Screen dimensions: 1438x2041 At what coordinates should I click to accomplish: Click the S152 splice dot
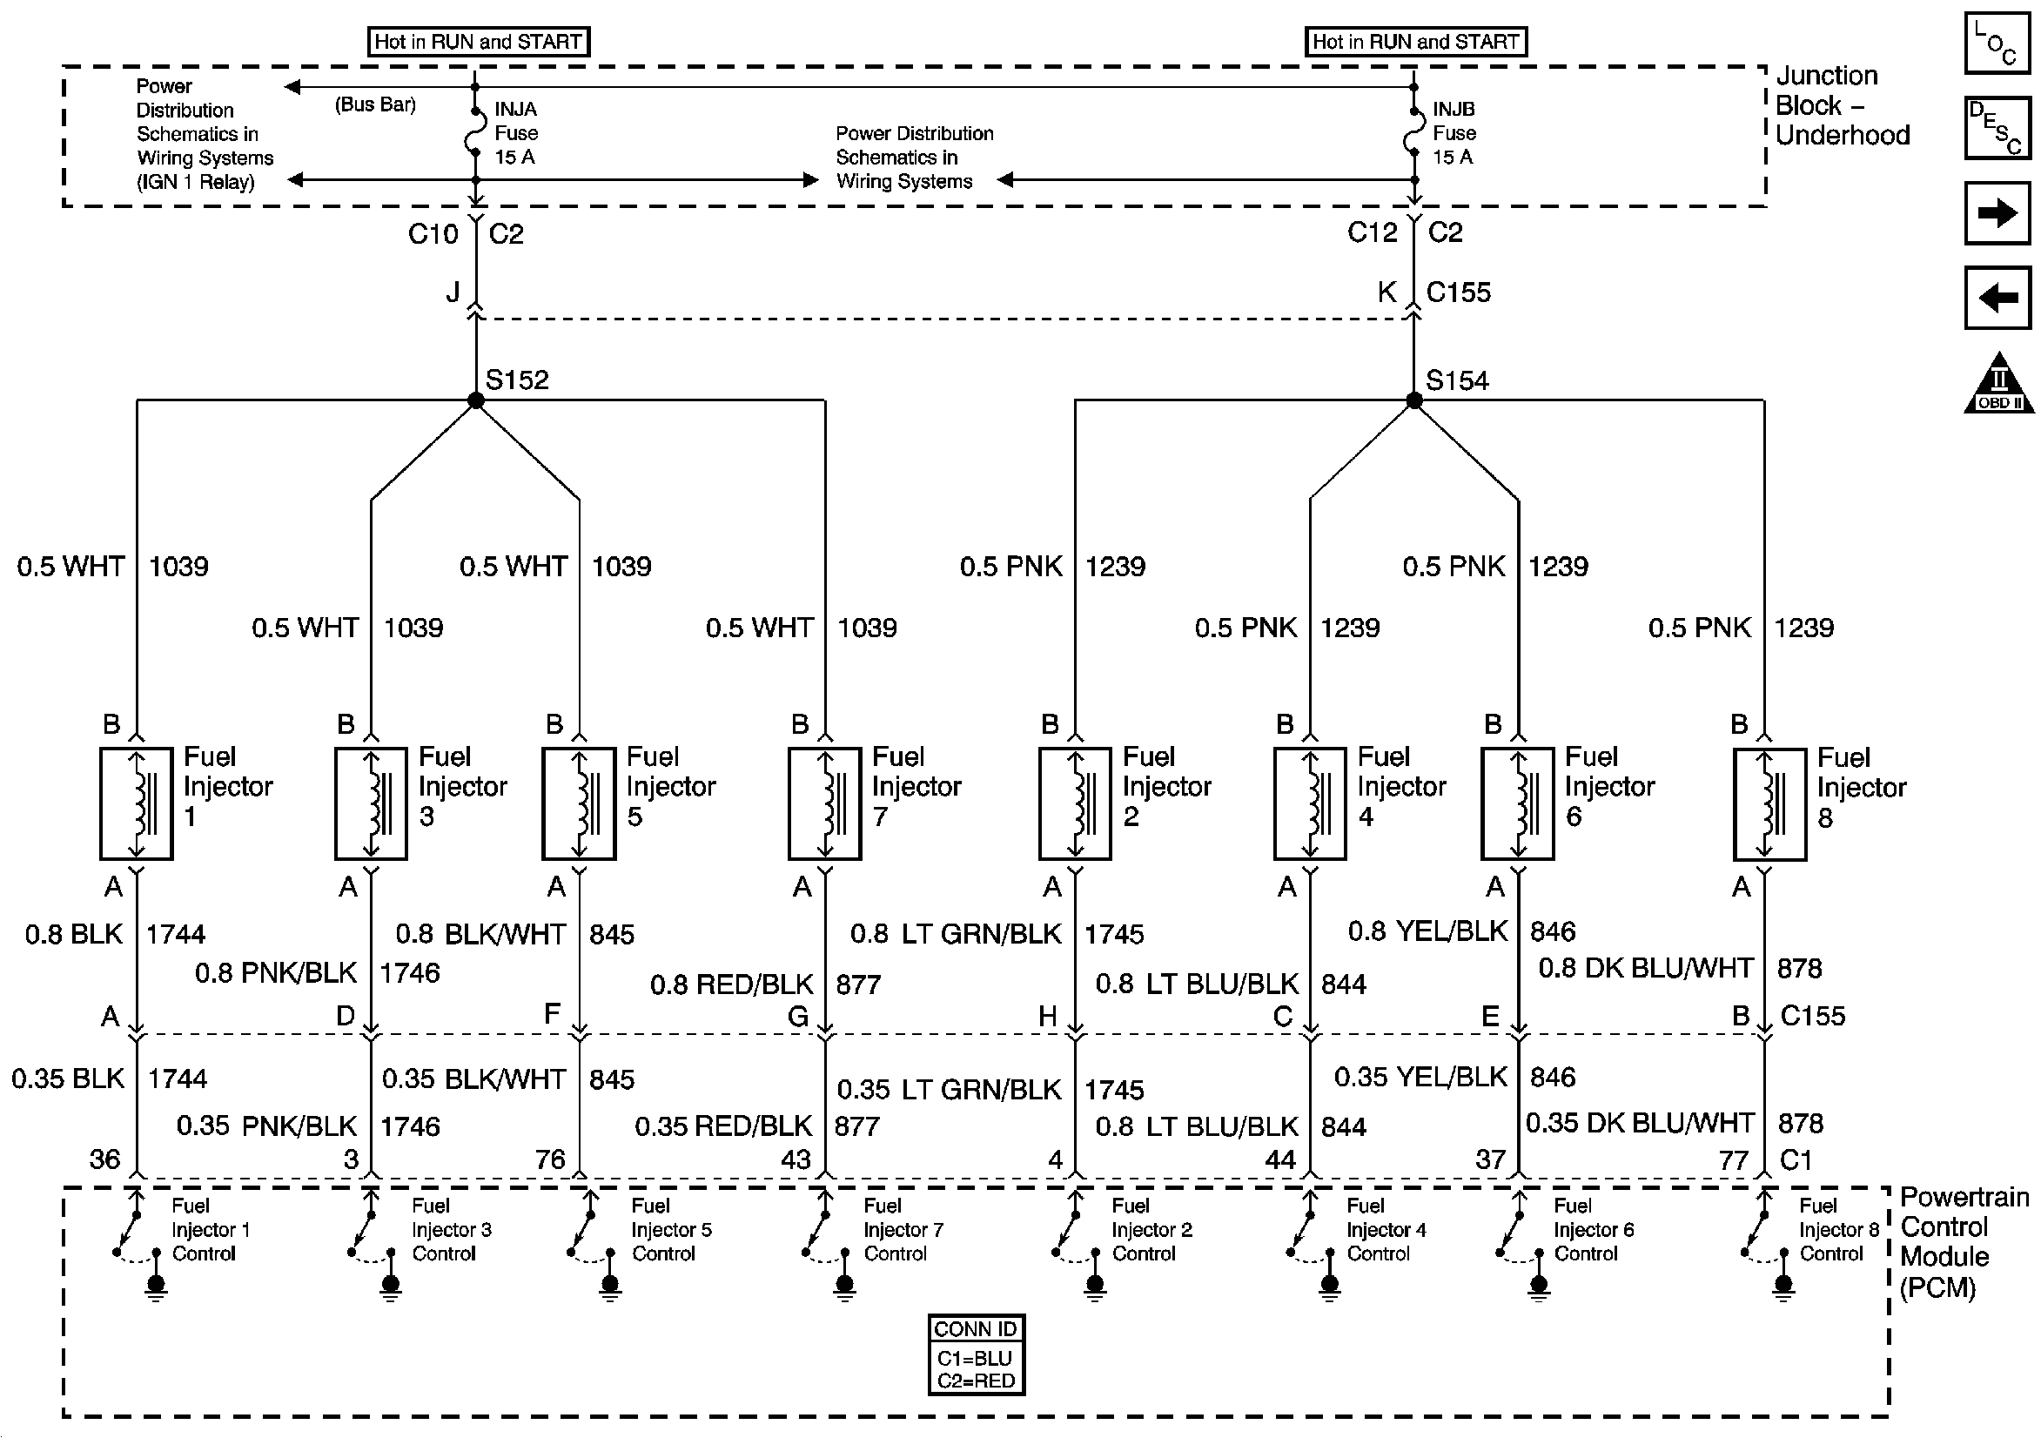(475, 400)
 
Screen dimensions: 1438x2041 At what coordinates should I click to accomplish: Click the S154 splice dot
(1413, 400)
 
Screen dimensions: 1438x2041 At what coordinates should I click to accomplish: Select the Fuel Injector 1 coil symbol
(136, 804)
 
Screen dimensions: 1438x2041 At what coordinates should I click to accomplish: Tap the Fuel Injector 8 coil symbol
(1769, 805)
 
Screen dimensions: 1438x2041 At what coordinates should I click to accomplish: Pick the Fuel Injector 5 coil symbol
(579, 804)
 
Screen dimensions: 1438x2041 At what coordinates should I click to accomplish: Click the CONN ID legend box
(975, 1354)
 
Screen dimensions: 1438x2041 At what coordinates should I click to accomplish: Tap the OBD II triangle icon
(1998, 384)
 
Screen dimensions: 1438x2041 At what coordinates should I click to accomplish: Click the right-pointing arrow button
(1997, 213)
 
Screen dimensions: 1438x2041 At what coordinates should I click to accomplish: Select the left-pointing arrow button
(1997, 297)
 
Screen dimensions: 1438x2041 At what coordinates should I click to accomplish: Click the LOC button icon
(1997, 43)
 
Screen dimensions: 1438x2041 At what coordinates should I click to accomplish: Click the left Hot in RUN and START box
(478, 42)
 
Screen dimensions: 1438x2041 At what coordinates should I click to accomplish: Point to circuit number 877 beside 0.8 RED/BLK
(858, 984)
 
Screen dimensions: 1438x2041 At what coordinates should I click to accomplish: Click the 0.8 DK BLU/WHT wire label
(1646, 968)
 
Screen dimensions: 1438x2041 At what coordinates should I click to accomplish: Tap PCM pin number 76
(550, 1159)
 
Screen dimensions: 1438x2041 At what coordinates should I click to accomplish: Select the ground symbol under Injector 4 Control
(1329, 1287)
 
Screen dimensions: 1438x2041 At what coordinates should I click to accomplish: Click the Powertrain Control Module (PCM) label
(1963, 1241)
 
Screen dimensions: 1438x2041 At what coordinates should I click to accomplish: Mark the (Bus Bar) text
(375, 104)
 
